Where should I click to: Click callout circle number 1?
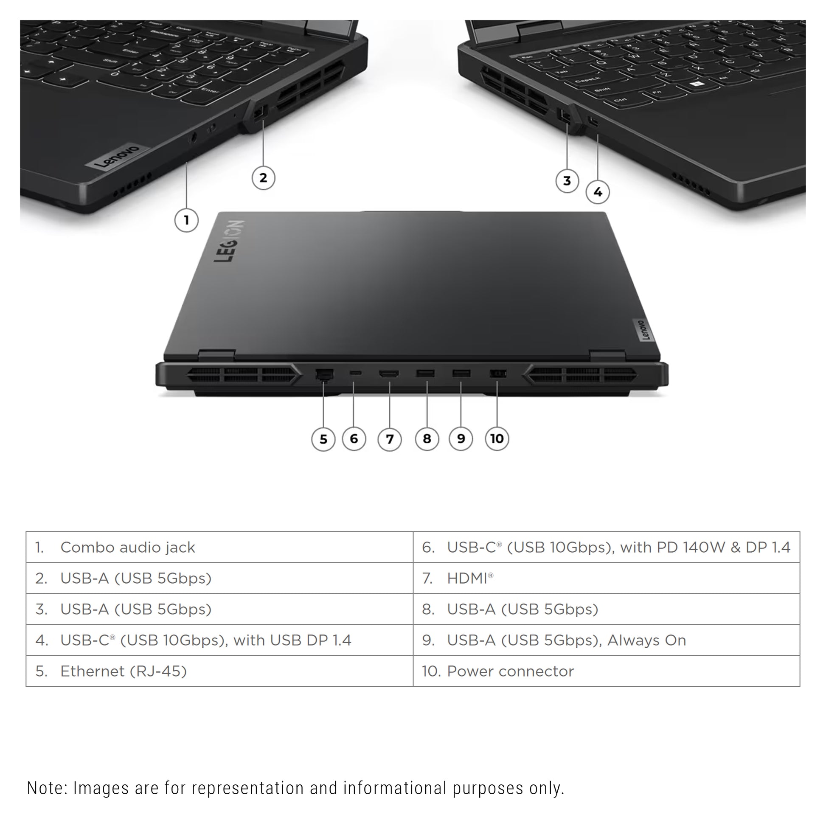pos(186,220)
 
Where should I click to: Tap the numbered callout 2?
pos(263,177)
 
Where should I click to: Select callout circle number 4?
pos(597,192)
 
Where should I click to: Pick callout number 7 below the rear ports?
pos(390,439)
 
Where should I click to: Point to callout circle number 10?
pos(497,438)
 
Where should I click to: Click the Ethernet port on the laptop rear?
pos(324,374)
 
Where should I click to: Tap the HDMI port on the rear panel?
pos(389,374)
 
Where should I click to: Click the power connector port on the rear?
pos(497,374)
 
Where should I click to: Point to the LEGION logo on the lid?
pos(229,241)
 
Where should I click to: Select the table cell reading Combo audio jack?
pos(220,547)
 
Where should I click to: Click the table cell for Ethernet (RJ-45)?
pos(220,671)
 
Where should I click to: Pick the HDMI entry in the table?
pos(606,578)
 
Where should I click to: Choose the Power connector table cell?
pos(606,671)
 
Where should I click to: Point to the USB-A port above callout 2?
pos(259,114)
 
